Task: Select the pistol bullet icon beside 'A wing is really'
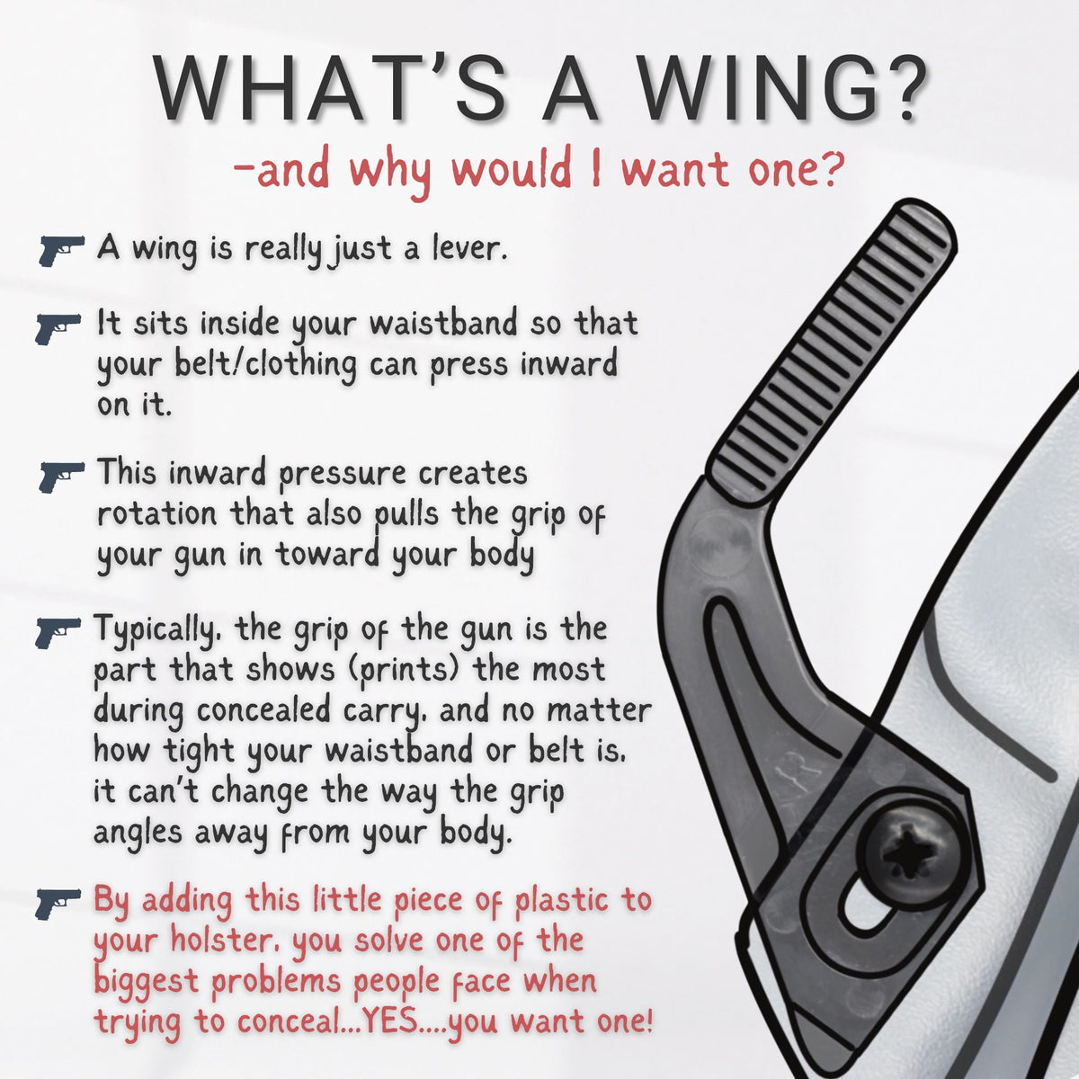click(x=62, y=250)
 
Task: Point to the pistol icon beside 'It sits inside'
click(x=58, y=329)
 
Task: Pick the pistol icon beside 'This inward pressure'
click(x=62, y=477)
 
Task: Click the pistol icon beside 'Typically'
click(x=58, y=633)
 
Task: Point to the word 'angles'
click(x=138, y=834)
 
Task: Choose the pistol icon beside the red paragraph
click(x=58, y=903)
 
